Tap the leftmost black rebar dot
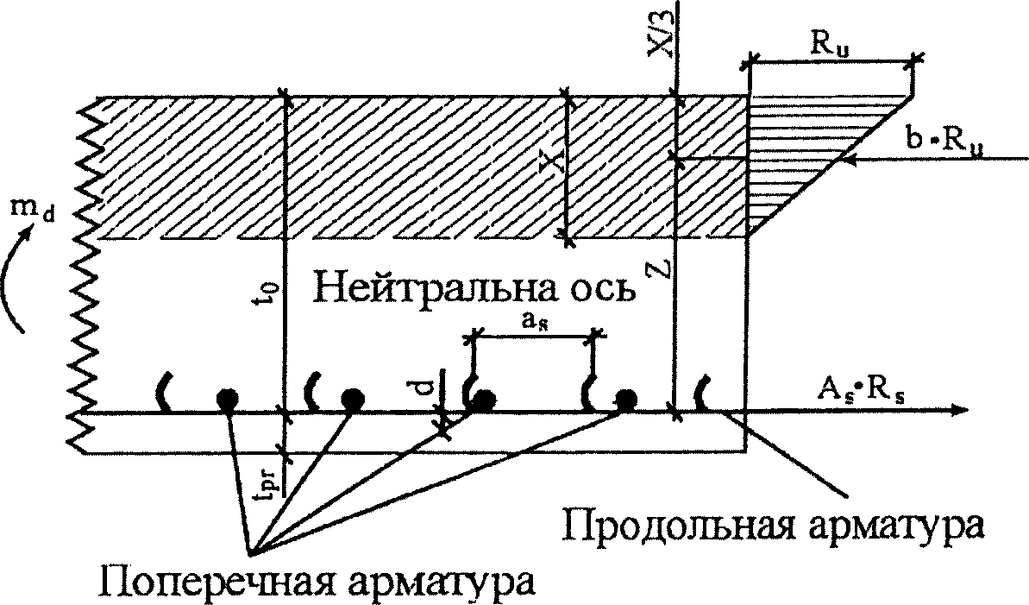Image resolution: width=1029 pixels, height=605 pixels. [227, 399]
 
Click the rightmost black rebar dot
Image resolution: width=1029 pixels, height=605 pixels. [624, 399]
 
